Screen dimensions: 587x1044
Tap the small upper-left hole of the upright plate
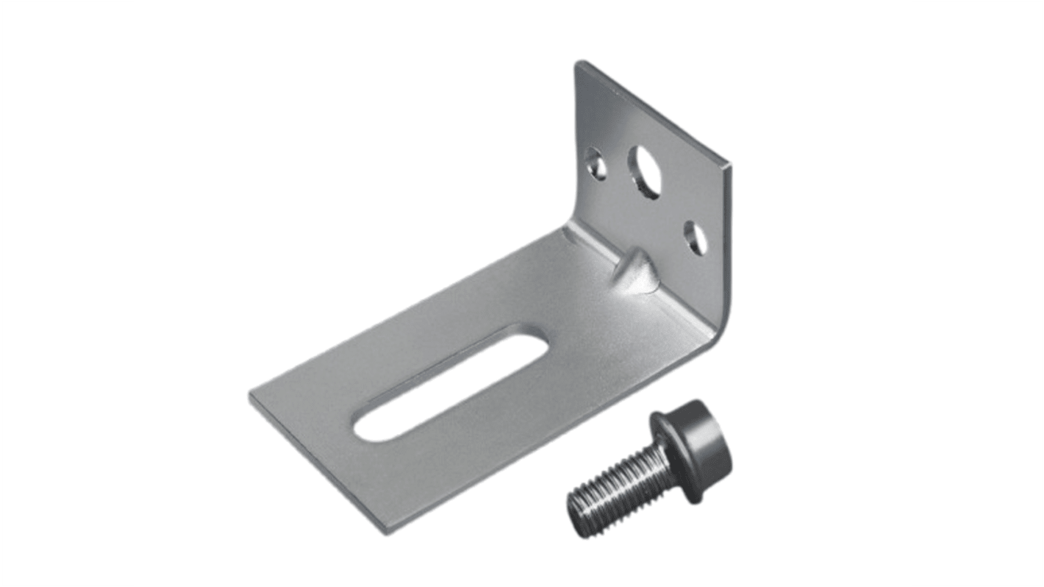tap(597, 165)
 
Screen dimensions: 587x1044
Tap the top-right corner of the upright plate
tap(729, 166)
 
